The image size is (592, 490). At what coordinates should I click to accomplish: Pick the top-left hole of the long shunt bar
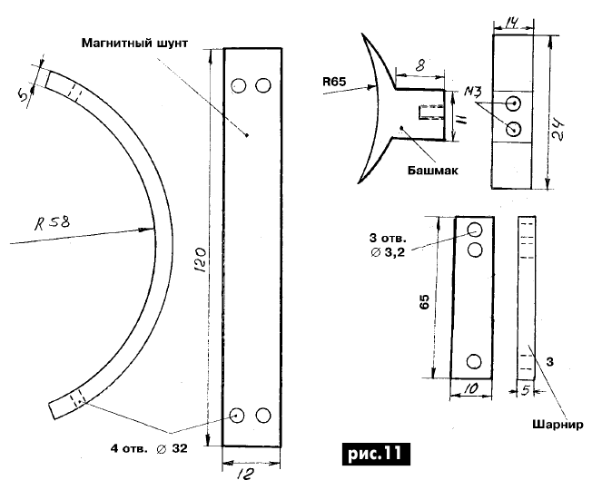pos(239,86)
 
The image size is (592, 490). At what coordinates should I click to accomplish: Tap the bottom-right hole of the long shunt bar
pos(264,415)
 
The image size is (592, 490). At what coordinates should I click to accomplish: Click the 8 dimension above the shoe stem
pos(419,65)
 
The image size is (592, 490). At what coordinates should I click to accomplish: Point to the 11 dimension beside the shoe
pos(462,116)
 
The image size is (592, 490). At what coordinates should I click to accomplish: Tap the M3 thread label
pos(472,93)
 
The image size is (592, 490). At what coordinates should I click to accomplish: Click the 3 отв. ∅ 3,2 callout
pos(388,244)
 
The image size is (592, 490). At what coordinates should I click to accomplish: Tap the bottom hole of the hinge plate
pos(474,361)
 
